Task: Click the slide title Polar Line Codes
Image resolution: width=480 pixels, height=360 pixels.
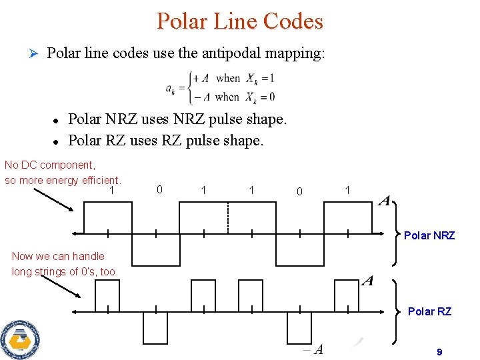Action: coord(240,21)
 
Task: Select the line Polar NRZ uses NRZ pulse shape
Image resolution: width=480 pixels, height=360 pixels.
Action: coord(177,119)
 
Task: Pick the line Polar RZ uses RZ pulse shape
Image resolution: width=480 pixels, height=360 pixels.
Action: coord(166,141)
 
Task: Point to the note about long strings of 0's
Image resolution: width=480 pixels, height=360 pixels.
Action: coord(65,263)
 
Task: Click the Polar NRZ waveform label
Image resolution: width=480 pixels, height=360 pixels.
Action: coord(429,235)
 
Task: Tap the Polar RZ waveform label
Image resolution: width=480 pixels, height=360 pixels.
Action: coord(429,311)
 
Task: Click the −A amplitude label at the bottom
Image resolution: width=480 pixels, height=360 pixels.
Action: coord(312,349)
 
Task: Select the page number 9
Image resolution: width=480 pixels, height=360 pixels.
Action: coord(439,351)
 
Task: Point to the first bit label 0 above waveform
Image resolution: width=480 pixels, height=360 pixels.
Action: coord(159,189)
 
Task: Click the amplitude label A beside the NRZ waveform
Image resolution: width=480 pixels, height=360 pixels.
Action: coord(384,201)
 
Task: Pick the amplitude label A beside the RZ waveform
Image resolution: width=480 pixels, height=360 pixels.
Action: coord(367,281)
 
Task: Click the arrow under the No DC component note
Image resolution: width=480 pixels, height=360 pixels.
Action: coord(53,198)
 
